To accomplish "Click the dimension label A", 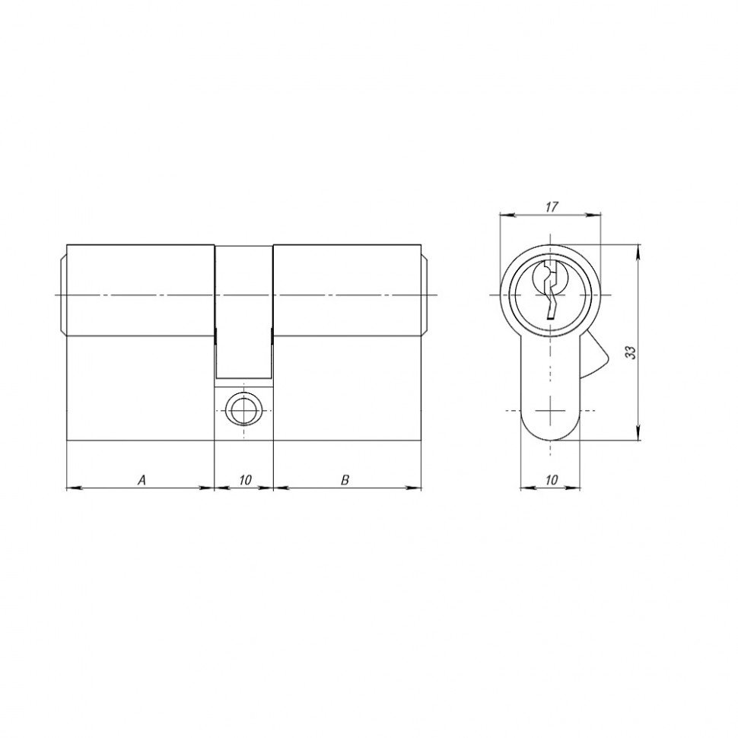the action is (x=142, y=480).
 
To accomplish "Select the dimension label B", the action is (x=345, y=480).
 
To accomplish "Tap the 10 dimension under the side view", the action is (x=245, y=480).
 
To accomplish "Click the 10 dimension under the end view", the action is (x=551, y=480).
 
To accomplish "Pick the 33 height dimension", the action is (x=630, y=353).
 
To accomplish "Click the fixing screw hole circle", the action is (x=243, y=410).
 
